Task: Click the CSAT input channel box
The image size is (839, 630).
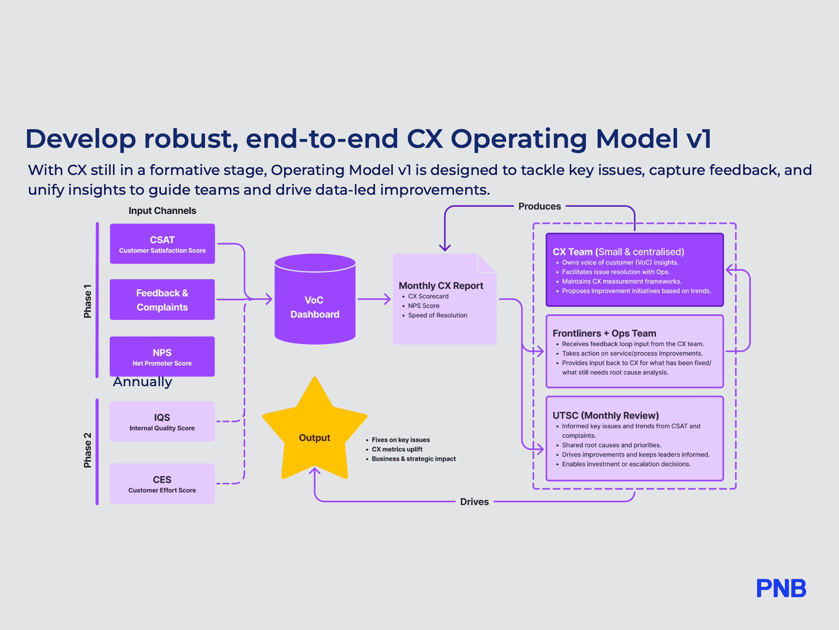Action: [x=162, y=244]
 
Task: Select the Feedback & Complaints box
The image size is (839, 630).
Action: [x=162, y=300]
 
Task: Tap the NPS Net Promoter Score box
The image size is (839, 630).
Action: [x=162, y=357]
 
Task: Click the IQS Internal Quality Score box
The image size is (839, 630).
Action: [x=162, y=421]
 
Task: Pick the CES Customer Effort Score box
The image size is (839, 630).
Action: [x=162, y=483]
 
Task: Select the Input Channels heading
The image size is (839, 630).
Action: [x=162, y=211]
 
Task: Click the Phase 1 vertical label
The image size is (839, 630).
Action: [x=88, y=301]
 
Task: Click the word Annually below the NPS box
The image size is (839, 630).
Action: [x=143, y=382]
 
